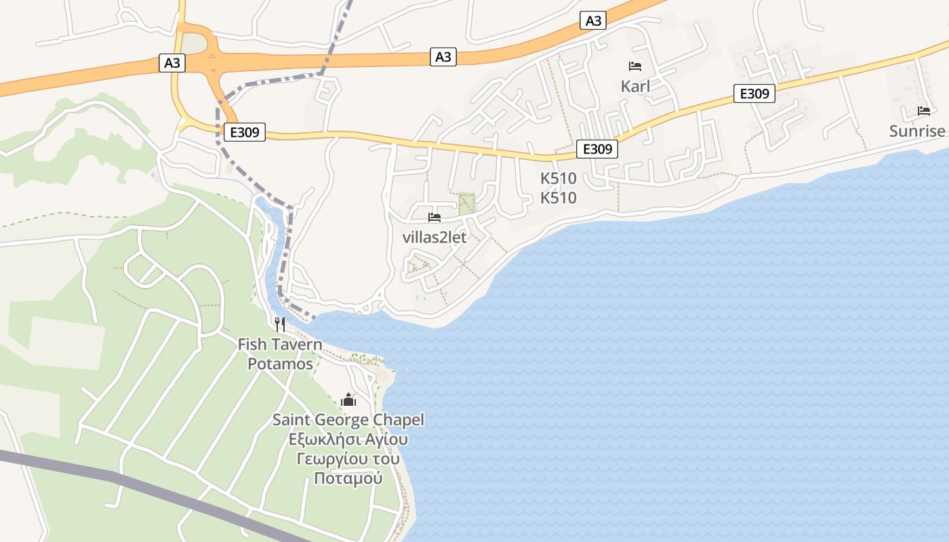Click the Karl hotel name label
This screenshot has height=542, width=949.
635,86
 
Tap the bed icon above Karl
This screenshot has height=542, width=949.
635,66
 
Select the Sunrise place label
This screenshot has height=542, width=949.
917,131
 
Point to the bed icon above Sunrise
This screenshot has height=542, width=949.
924,110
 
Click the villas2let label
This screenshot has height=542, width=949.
435,237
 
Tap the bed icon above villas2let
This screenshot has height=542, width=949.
435,217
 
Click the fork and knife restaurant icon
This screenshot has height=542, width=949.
280,325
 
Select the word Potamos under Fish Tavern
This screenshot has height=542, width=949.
280,364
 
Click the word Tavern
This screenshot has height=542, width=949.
298,344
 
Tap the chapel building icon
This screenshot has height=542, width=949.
348,400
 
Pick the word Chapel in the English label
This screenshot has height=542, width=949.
399,420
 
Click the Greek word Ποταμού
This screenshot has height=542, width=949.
348,478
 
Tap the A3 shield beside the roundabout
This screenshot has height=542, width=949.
172,63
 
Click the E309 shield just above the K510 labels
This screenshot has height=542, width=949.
597,149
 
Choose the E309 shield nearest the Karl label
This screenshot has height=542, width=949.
754,93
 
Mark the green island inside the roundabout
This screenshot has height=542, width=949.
194,43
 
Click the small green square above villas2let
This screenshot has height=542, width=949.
466,203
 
